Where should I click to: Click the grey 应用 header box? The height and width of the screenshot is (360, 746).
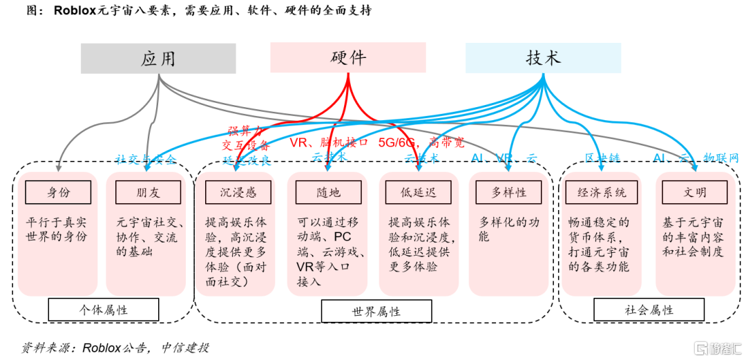tap(158, 59)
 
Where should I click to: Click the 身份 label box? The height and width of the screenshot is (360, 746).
tap(58, 193)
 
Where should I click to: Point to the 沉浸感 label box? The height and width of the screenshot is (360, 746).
tap(237, 193)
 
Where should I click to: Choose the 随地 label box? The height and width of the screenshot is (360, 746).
tap(328, 193)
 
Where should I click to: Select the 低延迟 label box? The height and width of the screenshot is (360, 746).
tap(420, 193)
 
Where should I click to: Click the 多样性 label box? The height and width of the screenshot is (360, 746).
tap(510, 193)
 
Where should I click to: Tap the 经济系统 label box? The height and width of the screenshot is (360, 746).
tap(602, 193)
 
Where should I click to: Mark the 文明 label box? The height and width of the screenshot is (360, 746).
tap(695, 193)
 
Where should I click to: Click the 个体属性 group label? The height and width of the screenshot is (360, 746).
tap(103, 310)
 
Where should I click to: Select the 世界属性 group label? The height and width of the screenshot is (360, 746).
tap(376, 311)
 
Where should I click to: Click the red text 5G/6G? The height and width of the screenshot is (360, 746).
tap(399, 143)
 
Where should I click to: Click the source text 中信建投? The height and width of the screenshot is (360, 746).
tap(185, 348)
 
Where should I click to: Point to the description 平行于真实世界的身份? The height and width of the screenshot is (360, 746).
tap(57, 229)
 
